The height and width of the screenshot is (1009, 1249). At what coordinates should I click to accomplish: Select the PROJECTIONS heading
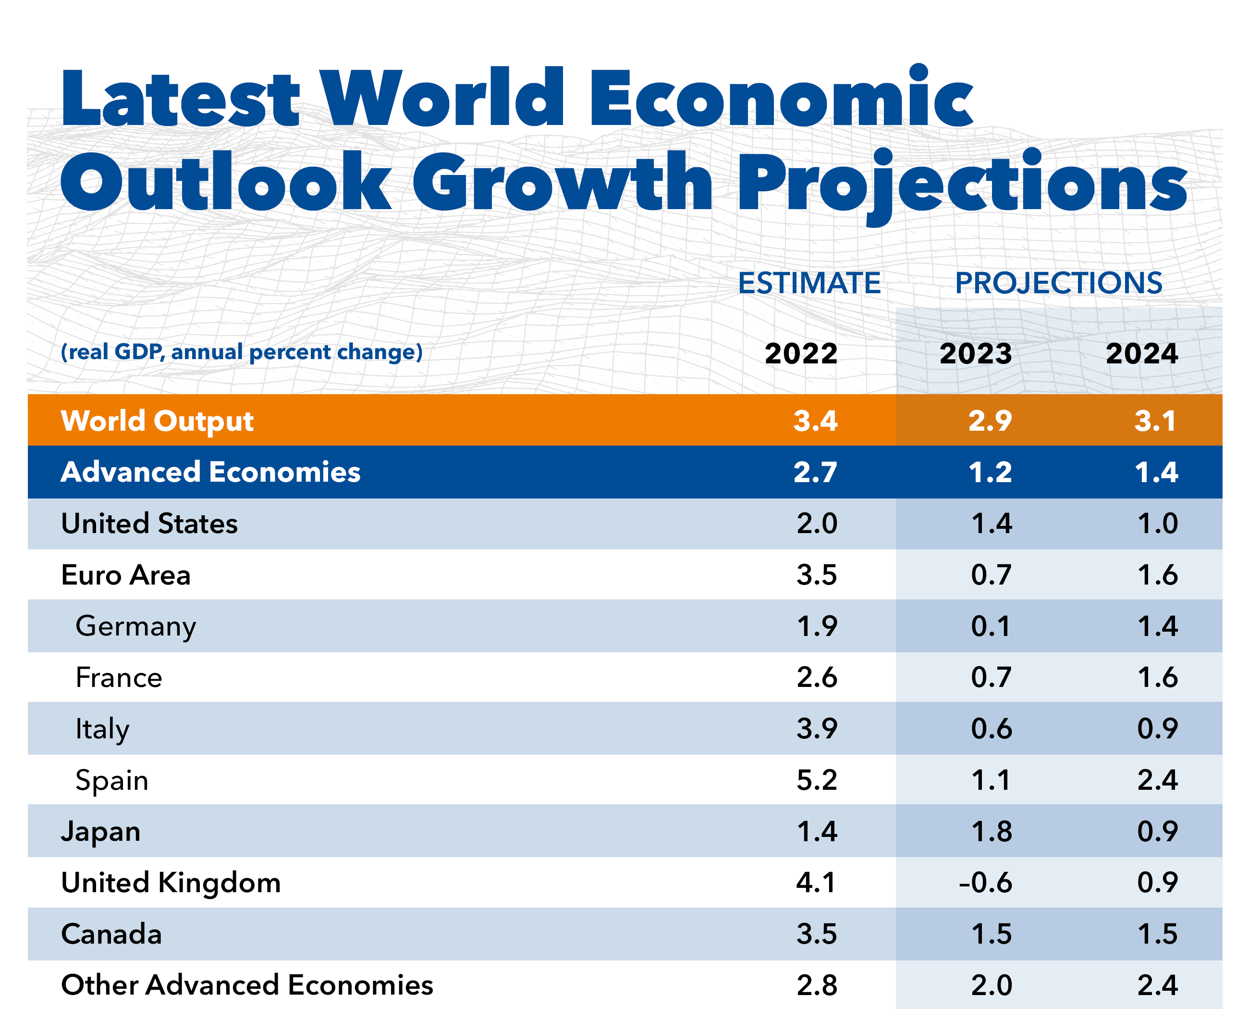pyautogui.click(x=1058, y=284)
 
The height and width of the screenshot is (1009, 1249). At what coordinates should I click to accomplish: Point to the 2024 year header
pyautogui.click(x=1141, y=353)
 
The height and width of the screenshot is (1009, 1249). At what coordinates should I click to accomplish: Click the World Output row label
pyautogui.click(x=157, y=421)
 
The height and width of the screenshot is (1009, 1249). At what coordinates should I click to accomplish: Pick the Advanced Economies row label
pyautogui.click(x=210, y=472)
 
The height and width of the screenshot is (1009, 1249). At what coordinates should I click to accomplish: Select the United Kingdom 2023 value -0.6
pyautogui.click(x=985, y=882)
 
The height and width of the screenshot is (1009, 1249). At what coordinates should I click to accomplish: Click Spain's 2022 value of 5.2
pyautogui.click(x=816, y=780)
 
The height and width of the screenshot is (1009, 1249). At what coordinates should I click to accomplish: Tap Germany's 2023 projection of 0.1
pyautogui.click(x=991, y=626)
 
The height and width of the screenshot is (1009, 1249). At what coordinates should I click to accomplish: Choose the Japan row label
pyautogui.click(x=100, y=831)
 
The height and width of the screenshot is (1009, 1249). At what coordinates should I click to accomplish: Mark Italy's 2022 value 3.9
pyautogui.click(x=816, y=728)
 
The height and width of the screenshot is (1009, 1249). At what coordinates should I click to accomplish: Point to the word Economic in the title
pyautogui.click(x=782, y=98)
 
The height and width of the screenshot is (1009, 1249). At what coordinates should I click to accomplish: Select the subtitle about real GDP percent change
pyautogui.click(x=242, y=352)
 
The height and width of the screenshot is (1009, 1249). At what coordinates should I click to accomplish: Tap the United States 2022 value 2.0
pyautogui.click(x=816, y=523)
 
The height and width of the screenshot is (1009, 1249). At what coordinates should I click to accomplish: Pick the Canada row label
pyautogui.click(x=111, y=934)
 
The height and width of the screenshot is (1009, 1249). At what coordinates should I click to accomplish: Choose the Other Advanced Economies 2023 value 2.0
pyautogui.click(x=991, y=985)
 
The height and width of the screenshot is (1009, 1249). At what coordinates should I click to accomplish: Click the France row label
pyautogui.click(x=119, y=678)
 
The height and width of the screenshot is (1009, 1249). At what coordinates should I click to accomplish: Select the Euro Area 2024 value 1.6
pyautogui.click(x=1157, y=575)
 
